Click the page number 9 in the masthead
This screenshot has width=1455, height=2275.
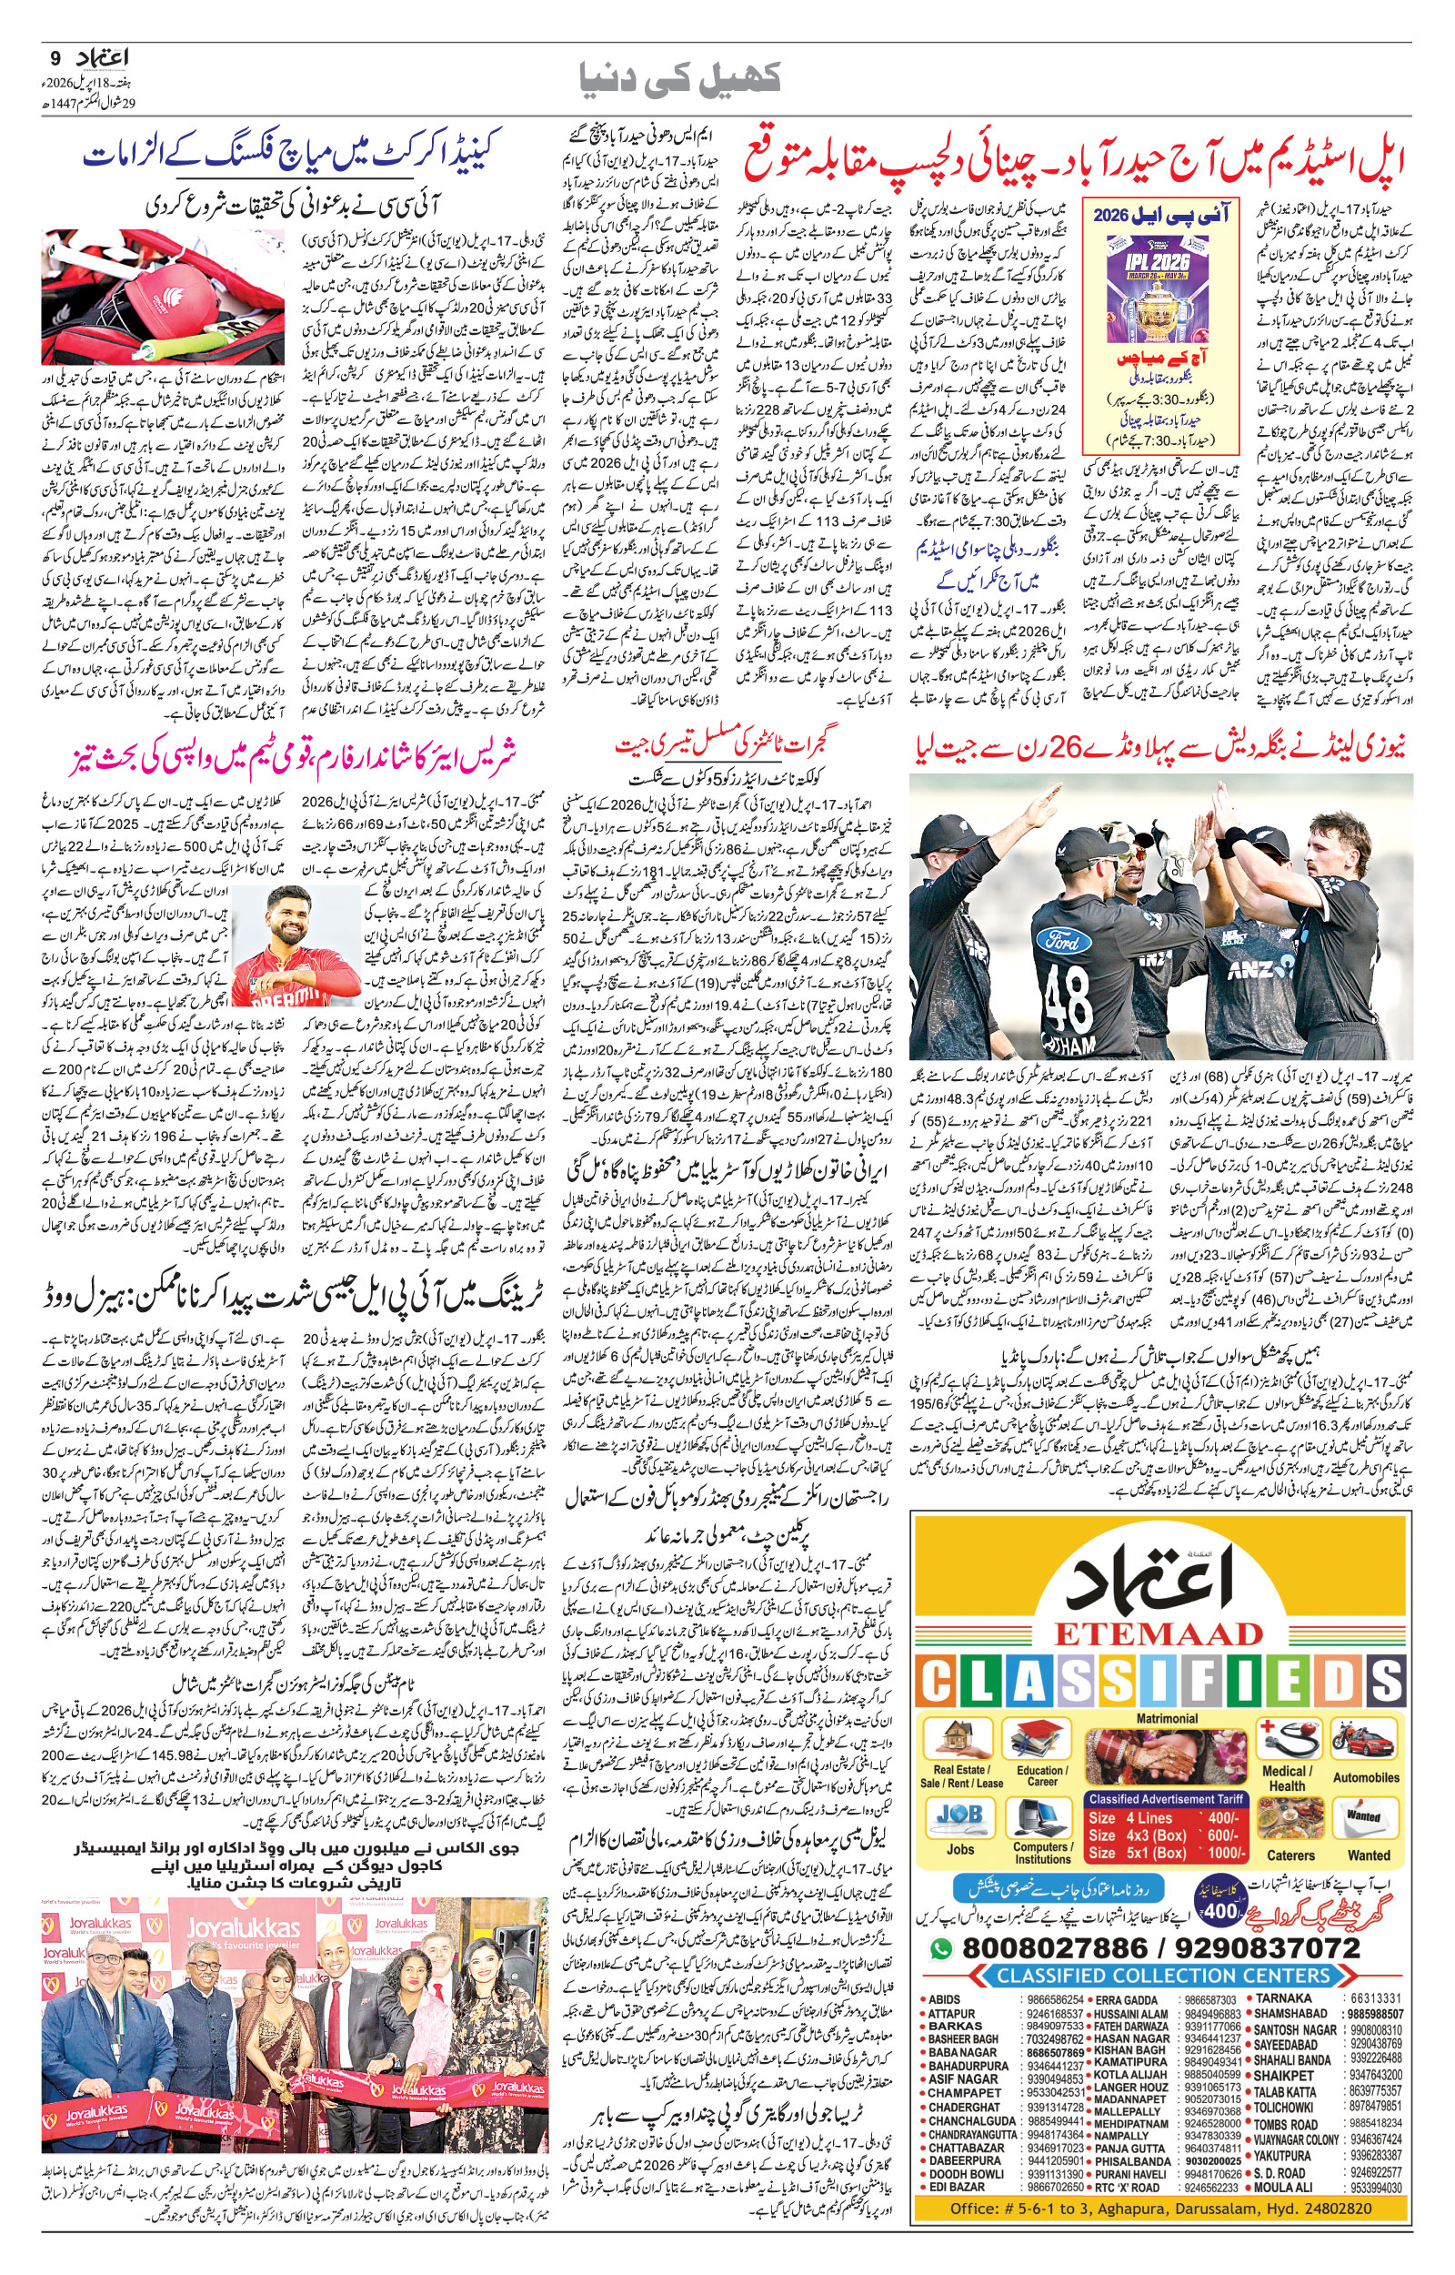point(53,56)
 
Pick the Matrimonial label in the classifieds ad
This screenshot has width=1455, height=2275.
point(1166,1718)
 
